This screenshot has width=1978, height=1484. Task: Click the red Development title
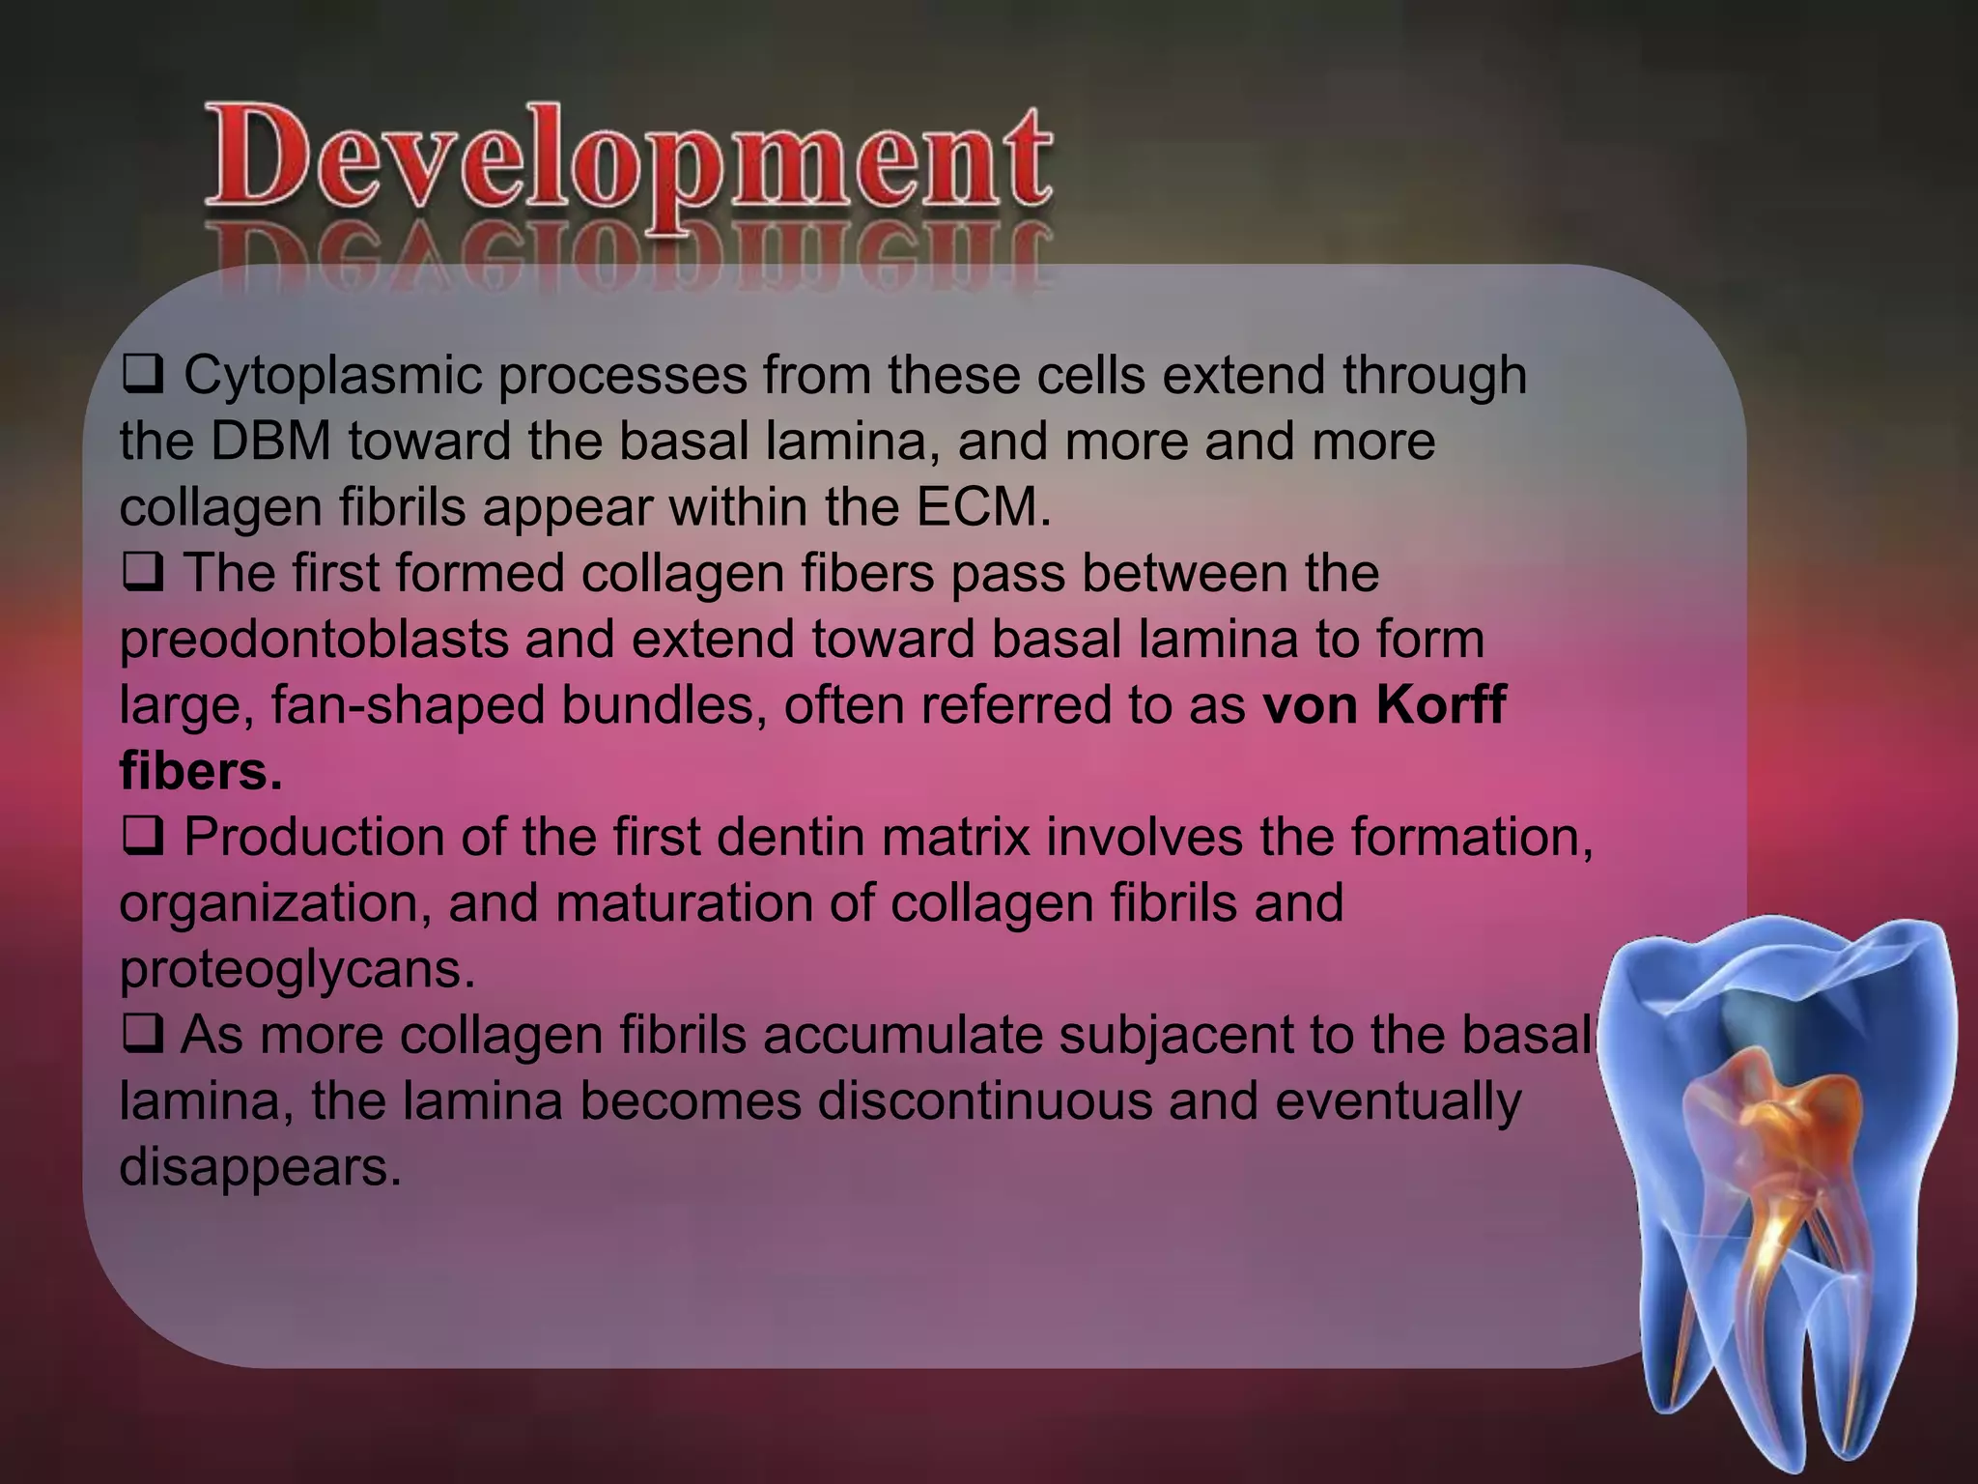[628, 159]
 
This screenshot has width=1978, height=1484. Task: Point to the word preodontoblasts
[313, 641]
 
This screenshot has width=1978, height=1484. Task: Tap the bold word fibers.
[201, 771]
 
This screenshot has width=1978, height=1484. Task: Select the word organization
[275, 904]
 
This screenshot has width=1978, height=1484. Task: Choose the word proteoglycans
[297, 970]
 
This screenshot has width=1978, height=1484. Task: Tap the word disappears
[259, 1167]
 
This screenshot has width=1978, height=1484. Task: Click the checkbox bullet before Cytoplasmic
[141, 377]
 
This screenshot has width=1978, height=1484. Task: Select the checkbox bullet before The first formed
[141, 575]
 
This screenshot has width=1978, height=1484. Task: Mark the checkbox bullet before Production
[141, 838]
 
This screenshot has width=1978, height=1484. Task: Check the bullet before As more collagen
[141, 1036]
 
